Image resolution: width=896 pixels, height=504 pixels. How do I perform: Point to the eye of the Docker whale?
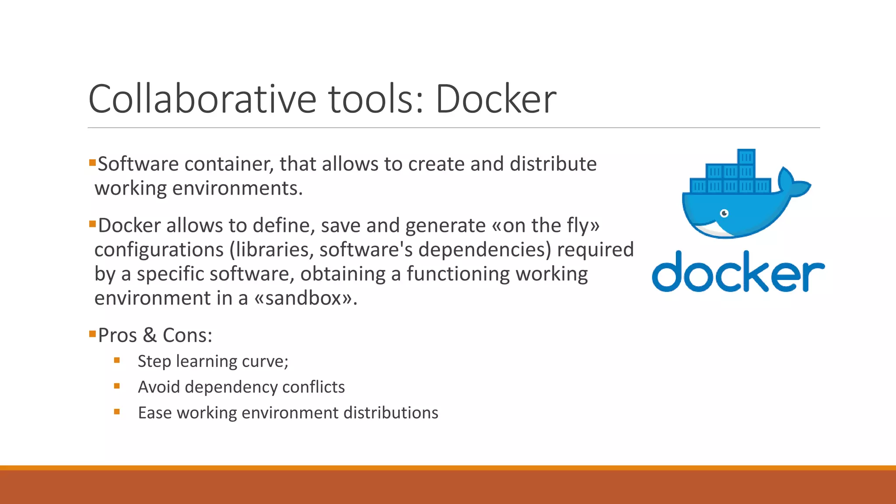724,213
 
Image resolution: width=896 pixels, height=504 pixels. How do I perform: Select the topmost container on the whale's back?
746,157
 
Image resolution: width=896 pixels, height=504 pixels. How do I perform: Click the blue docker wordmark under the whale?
738,272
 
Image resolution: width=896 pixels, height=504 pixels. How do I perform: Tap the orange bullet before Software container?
92,163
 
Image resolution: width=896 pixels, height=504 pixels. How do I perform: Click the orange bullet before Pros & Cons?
92,335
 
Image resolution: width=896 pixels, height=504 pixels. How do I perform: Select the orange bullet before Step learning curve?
117,360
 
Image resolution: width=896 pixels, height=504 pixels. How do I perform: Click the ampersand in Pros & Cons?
150,336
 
